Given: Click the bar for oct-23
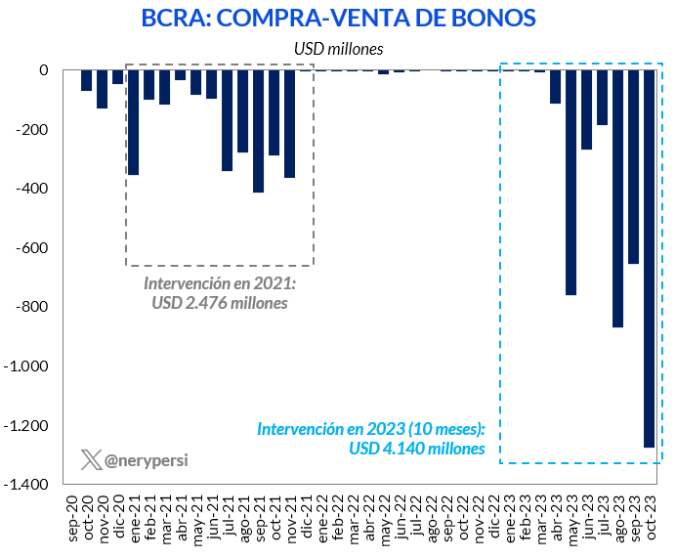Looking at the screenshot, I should [x=649, y=258].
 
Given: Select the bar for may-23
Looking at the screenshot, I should [x=570, y=182].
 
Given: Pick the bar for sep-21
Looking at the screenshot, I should [x=258, y=131].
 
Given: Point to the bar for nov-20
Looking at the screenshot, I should [x=102, y=89].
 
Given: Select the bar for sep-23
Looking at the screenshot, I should [x=633, y=167].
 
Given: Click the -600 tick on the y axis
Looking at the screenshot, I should [x=37, y=248].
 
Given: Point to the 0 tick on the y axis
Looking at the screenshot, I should [x=44, y=70].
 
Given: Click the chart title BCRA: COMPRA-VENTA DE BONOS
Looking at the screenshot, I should [x=338, y=18].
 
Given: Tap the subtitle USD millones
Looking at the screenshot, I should [x=338, y=47].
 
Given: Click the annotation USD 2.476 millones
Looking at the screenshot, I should [x=220, y=303].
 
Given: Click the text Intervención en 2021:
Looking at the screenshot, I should [x=220, y=283].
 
